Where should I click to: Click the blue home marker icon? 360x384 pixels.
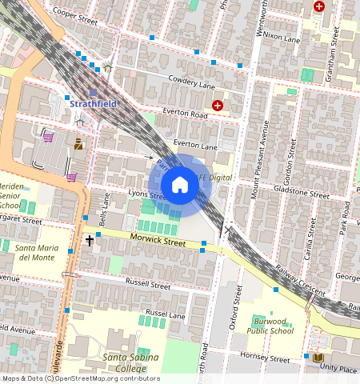click(x=180, y=186)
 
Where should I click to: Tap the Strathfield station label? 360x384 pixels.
click(x=93, y=103)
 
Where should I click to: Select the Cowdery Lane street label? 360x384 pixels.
click(x=192, y=82)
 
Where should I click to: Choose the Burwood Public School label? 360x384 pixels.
click(x=270, y=326)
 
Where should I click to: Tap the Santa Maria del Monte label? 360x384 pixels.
click(x=36, y=253)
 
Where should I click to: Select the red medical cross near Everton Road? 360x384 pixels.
click(x=218, y=105)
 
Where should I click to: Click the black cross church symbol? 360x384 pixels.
click(x=90, y=239)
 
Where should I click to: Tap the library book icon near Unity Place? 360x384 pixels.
click(x=318, y=357)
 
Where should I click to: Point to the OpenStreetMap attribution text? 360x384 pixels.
click(x=80, y=379)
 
